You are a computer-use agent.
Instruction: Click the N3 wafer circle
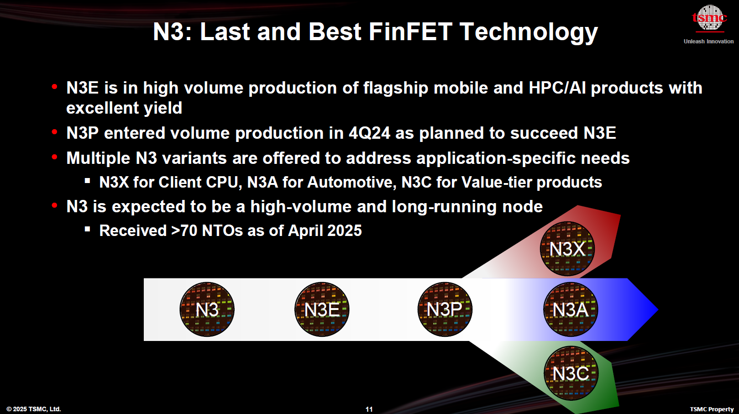[x=207, y=309]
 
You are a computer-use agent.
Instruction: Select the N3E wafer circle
[x=322, y=309]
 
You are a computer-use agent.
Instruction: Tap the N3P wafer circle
[x=445, y=309]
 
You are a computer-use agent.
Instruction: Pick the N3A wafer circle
[x=570, y=309]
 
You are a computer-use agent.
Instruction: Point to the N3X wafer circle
[x=567, y=249]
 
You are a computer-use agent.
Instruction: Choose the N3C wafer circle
[x=571, y=373]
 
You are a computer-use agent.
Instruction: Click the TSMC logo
[x=709, y=18]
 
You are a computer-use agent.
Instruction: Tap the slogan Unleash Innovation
[x=708, y=42]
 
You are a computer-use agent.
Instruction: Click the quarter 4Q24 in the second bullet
[x=369, y=133]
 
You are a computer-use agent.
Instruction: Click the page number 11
[x=369, y=409]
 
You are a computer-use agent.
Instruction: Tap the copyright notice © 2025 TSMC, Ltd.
[x=34, y=409]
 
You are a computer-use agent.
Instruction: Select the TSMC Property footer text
[x=712, y=409]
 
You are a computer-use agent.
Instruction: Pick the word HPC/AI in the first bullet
[x=557, y=88]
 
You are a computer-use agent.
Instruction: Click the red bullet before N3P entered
[x=55, y=132]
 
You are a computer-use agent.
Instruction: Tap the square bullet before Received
[x=88, y=229]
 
